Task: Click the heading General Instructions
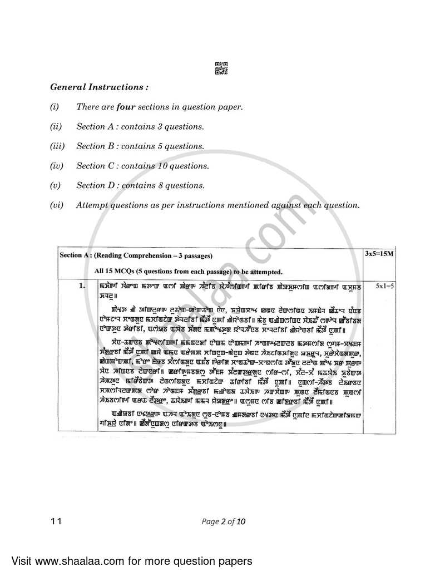100,87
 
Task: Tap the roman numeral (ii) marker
56,126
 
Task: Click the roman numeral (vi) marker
57,205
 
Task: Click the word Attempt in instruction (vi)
93,205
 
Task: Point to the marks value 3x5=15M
378,253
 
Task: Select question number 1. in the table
82,285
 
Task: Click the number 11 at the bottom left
55,521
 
